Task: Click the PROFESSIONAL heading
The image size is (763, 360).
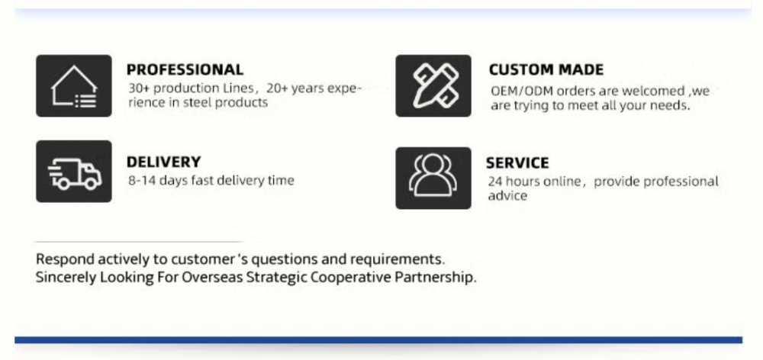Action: click(x=185, y=69)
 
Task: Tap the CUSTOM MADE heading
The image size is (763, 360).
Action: click(x=546, y=69)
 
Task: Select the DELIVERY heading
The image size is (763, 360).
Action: click(x=163, y=162)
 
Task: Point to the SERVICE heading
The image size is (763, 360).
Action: click(x=517, y=162)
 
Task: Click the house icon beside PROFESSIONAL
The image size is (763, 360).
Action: click(x=74, y=85)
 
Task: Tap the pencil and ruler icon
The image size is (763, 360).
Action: click(x=433, y=85)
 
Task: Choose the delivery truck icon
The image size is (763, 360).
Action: click(x=74, y=172)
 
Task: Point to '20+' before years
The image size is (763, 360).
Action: click(x=278, y=88)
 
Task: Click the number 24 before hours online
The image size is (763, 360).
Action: click(x=495, y=182)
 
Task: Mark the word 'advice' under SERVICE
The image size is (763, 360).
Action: click(x=507, y=195)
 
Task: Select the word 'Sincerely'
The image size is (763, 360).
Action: click(x=66, y=278)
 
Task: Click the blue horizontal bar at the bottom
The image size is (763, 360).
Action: click(x=378, y=340)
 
